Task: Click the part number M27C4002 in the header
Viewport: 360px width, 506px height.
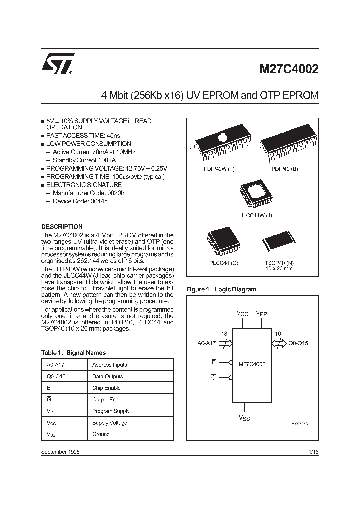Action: click(x=288, y=69)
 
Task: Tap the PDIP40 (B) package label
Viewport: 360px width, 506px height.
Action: click(x=285, y=169)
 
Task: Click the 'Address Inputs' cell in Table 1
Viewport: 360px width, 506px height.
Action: click(x=110, y=365)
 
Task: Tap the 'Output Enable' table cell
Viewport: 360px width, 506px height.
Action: click(x=109, y=399)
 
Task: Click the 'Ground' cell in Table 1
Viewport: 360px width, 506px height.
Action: click(x=101, y=434)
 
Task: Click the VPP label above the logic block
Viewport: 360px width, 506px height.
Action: click(x=261, y=313)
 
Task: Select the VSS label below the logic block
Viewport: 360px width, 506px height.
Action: click(x=244, y=418)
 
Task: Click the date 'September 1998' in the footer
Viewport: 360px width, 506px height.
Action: click(x=60, y=451)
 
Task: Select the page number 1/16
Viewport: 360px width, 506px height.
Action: click(x=313, y=451)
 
